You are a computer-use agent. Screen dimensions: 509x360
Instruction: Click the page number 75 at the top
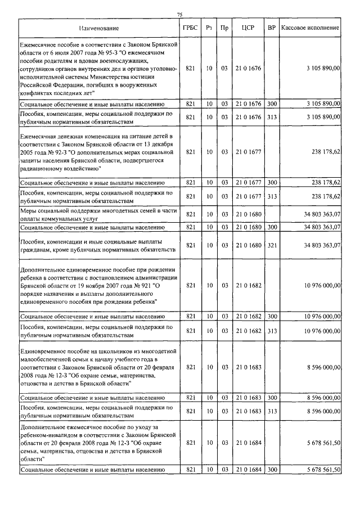click(179, 15)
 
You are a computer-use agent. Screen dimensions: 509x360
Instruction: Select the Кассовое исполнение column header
click(310, 28)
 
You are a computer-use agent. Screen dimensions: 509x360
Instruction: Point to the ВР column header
click(272, 28)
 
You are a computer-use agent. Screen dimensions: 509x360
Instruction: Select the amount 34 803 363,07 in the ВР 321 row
click(318, 245)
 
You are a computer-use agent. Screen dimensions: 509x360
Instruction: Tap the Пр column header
click(224, 28)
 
